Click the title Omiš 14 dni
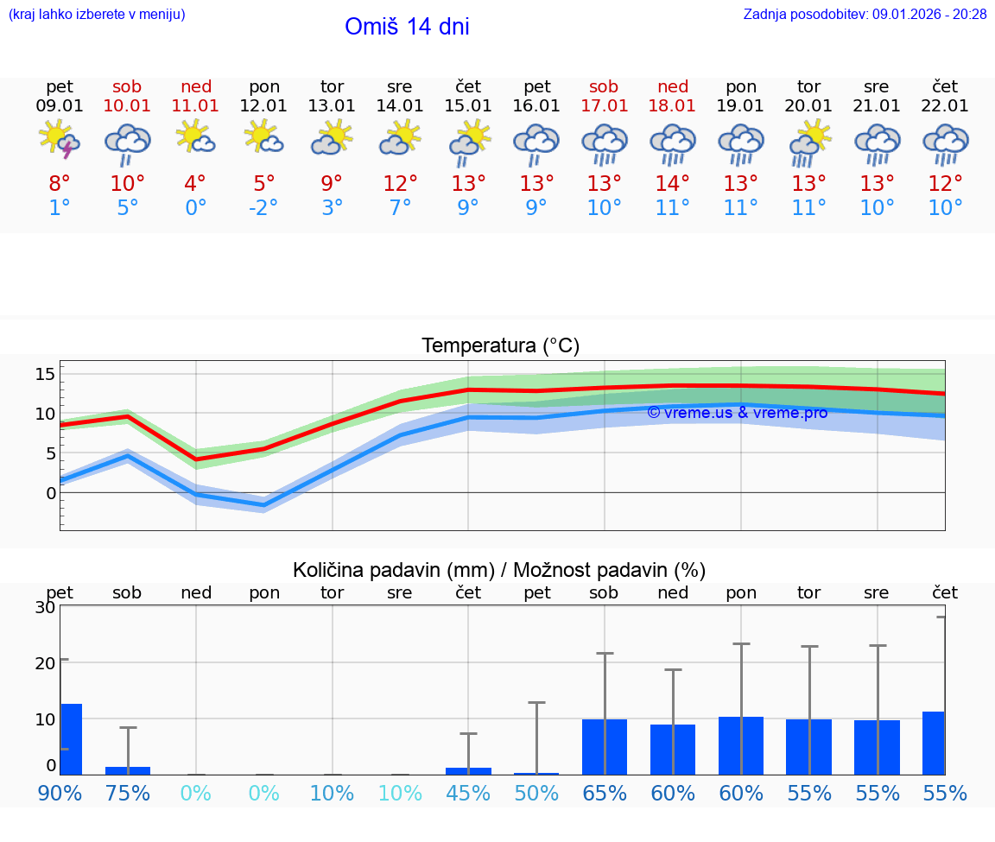tap(407, 27)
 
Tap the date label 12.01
tap(263, 106)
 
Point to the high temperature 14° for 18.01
tap(672, 184)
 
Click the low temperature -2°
tap(263, 208)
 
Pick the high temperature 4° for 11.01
tap(195, 184)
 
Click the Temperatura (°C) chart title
tap(500, 346)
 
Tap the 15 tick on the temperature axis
tap(45, 374)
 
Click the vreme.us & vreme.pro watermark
tap(738, 413)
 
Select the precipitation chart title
tap(499, 570)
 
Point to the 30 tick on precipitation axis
tap(45, 607)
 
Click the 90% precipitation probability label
tap(60, 793)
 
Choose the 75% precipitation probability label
tap(128, 793)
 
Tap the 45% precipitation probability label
tap(468, 793)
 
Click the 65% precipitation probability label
tap(604, 793)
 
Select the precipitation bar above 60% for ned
tap(673, 749)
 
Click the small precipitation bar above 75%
tap(128, 770)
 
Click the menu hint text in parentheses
tap(96, 14)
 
